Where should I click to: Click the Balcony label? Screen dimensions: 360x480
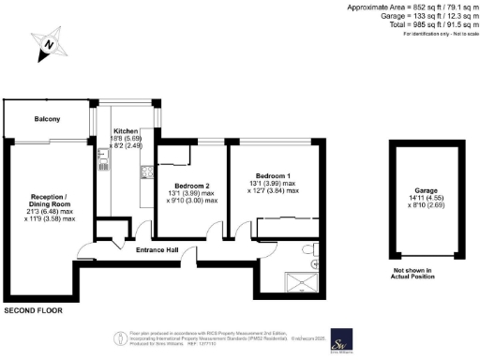[x=48, y=119]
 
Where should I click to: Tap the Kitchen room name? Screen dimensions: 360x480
[x=127, y=130]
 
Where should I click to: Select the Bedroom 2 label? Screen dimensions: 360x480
[x=190, y=185]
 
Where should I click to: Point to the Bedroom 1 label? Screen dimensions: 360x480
[x=274, y=174]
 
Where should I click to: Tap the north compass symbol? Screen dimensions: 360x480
[x=48, y=44]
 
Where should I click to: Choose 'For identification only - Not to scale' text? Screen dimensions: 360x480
[x=439, y=35]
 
